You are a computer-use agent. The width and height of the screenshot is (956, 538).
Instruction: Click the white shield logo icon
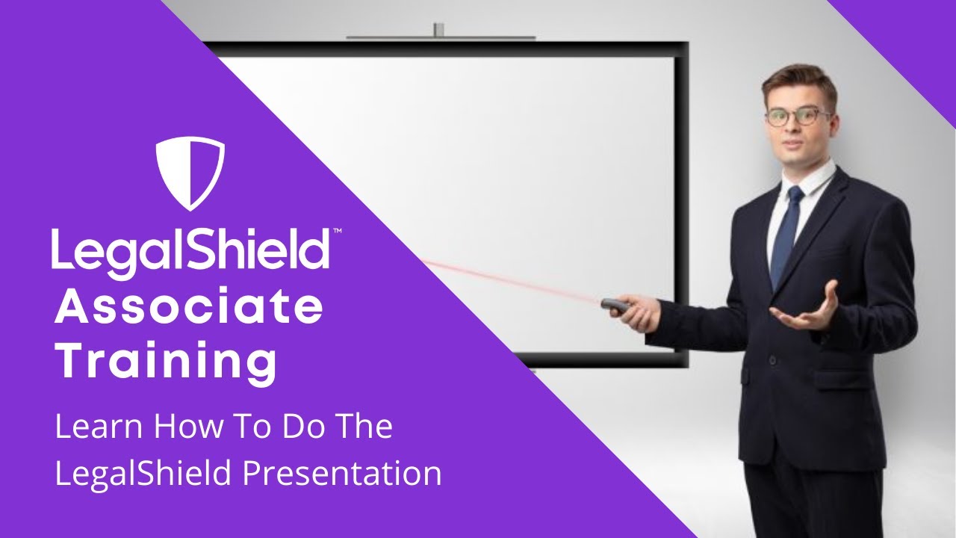point(190,173)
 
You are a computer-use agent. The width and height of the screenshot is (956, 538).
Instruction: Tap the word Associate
point(189,309)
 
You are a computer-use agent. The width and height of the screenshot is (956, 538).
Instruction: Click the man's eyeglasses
point(798,117)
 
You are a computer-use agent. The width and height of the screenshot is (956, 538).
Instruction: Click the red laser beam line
point(508,280)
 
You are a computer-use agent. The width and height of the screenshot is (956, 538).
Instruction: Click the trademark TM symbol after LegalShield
point(337,233)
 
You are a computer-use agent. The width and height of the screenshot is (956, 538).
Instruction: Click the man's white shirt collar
point(814,180)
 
